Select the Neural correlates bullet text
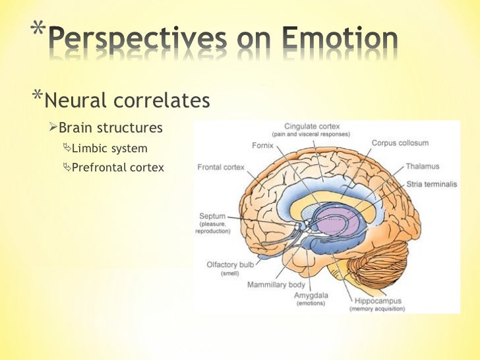[129, 101]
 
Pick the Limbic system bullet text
[109, 148]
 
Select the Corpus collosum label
[400, 143]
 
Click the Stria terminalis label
[432, 185]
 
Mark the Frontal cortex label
[220, 167]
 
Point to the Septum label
[212, 216]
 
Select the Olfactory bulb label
[230, 264]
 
